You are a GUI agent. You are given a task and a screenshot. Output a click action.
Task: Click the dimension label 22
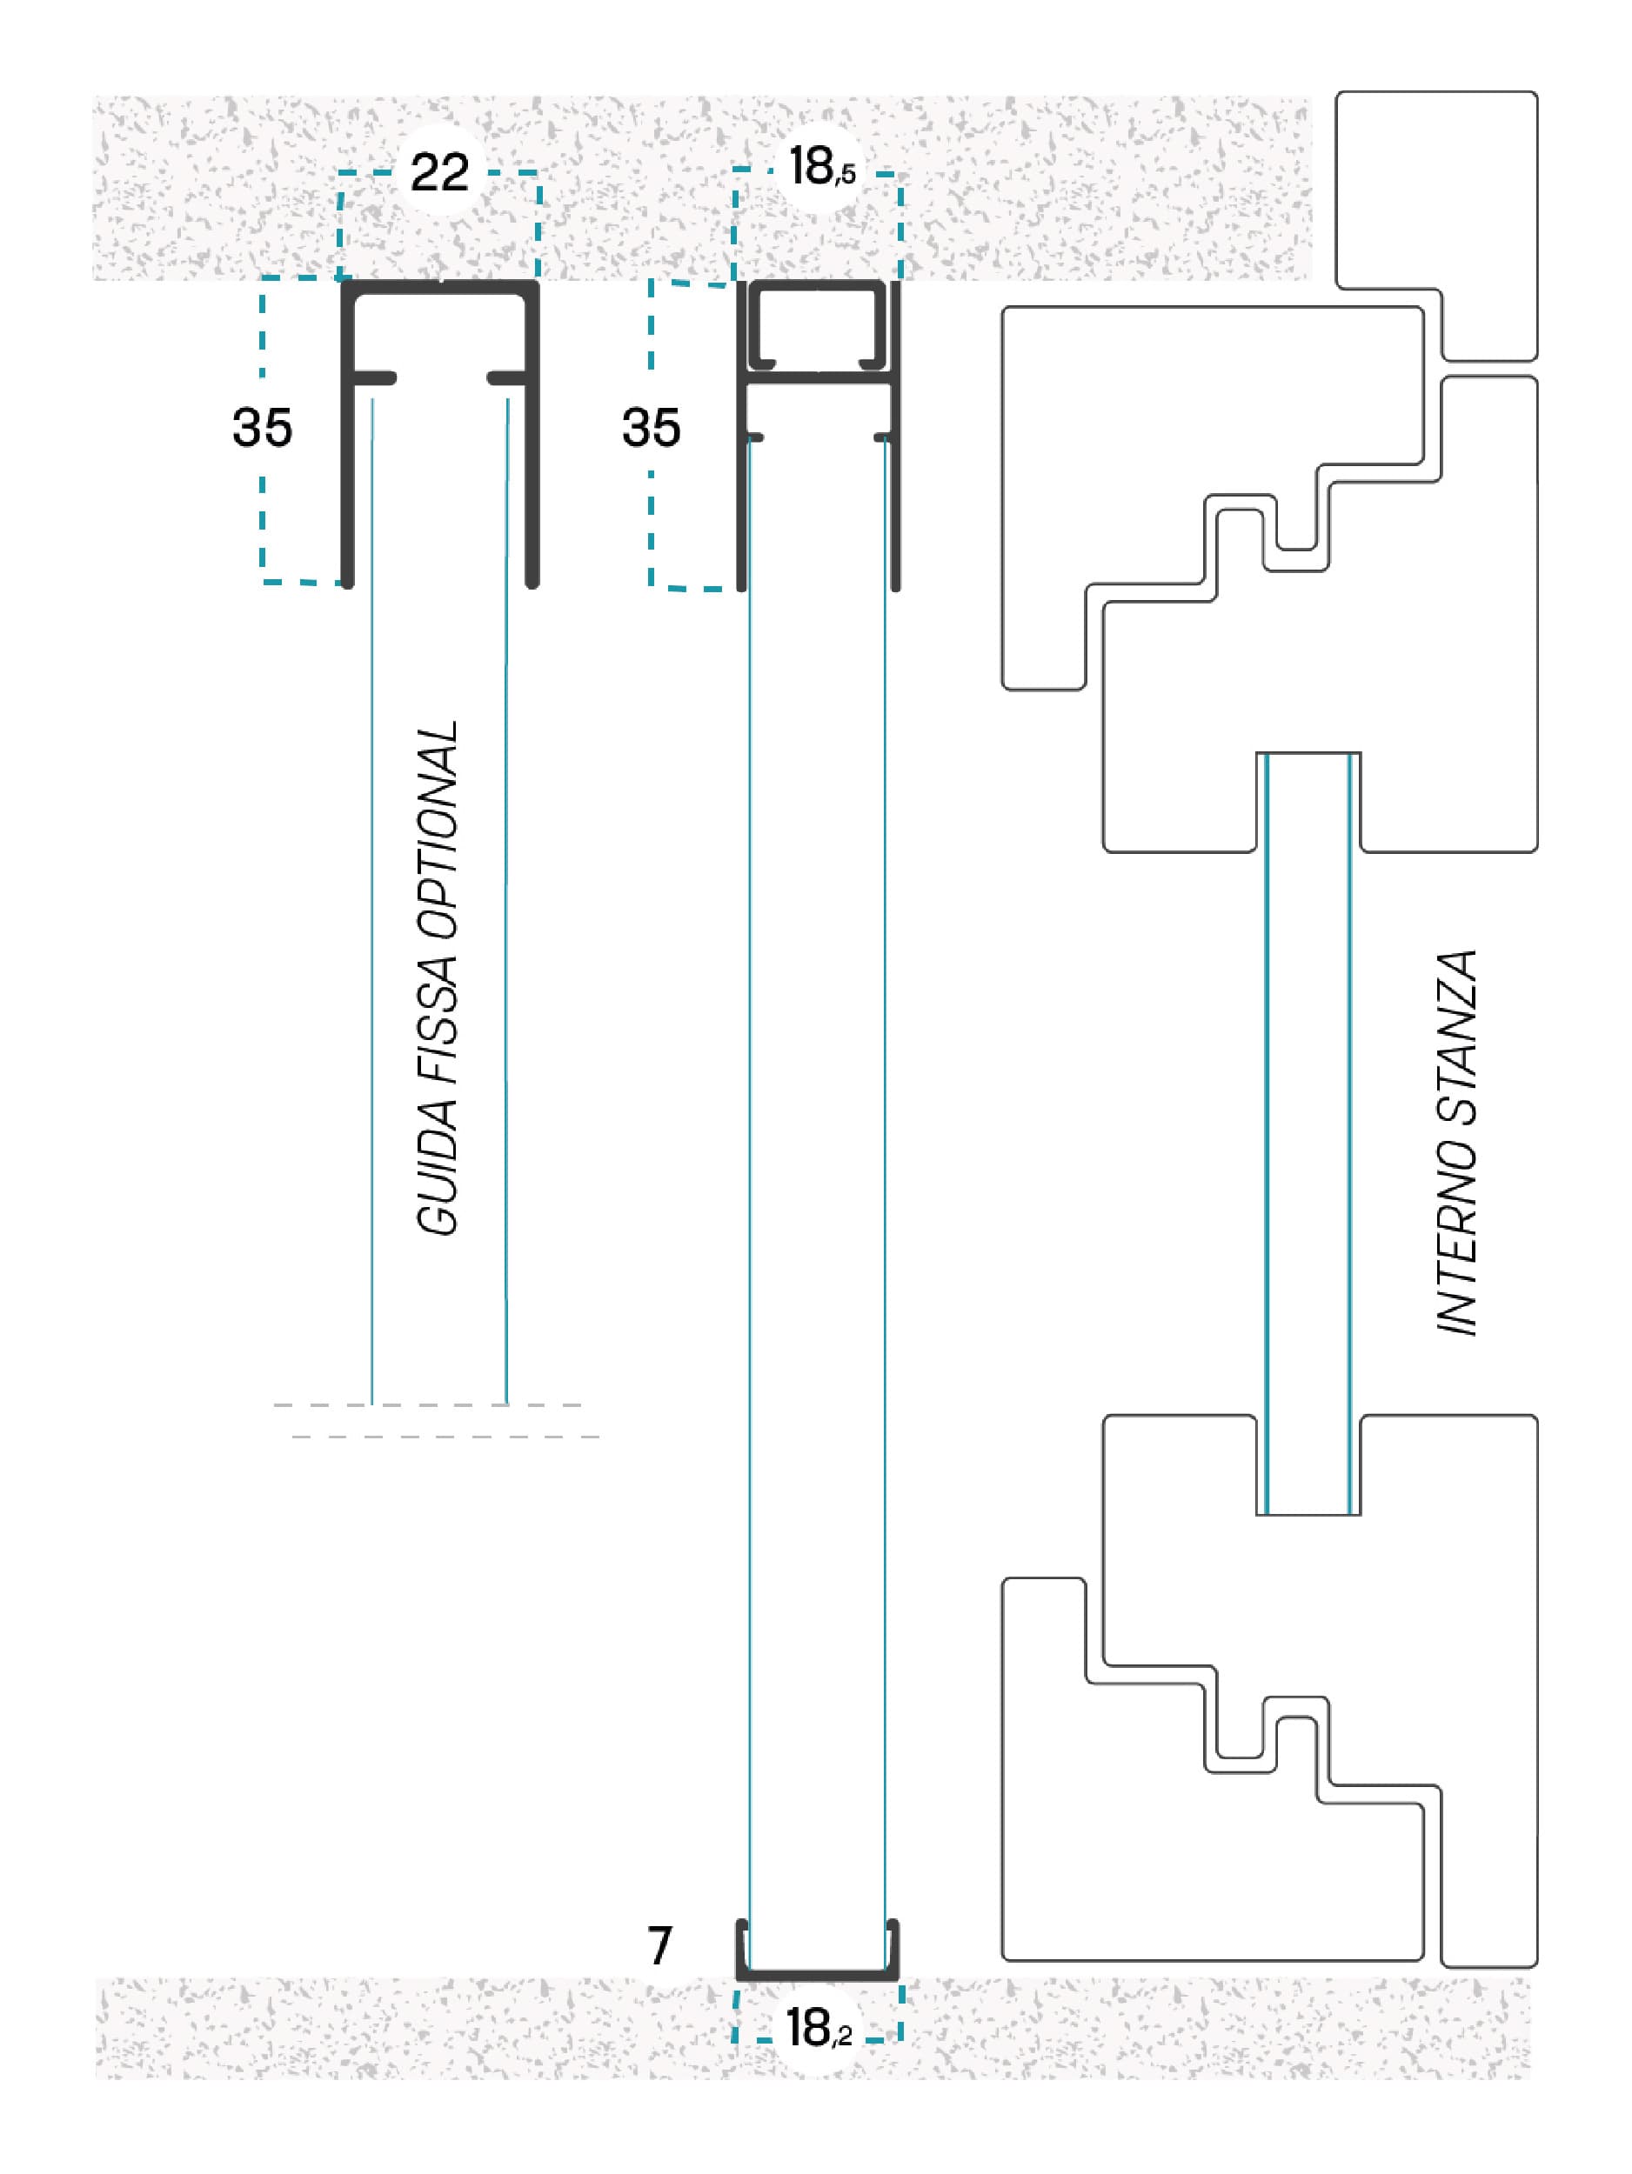tap(439, 173)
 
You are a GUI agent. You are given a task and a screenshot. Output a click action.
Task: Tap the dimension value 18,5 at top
tap(822, 166)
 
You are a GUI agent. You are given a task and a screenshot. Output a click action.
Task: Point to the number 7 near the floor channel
tap(659, 1945)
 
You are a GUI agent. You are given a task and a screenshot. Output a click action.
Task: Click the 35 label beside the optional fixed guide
tap(263, 428)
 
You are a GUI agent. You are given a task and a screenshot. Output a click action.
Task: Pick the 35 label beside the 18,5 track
tap(651, 428)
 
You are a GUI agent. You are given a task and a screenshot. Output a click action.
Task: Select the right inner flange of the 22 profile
tap(507, 378)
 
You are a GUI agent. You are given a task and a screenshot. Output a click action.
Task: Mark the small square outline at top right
tap(1436, 226)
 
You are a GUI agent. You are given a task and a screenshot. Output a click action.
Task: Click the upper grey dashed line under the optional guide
tap(428, 1405)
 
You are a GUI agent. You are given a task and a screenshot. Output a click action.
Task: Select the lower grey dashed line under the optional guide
tap(445, 1437)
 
